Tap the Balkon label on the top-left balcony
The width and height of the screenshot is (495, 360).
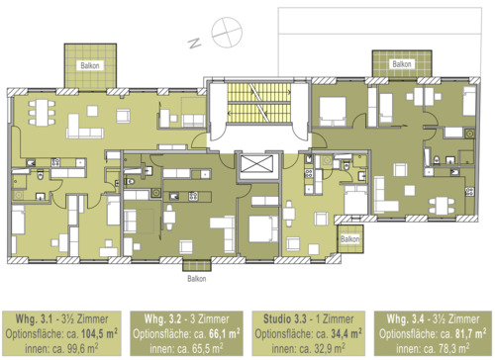tap(91, 74)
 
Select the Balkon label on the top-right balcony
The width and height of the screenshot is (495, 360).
tap(401, 64)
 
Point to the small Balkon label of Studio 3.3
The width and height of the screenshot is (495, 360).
tap(348, 239)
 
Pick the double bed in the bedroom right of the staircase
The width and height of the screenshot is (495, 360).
tap(333, 107)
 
